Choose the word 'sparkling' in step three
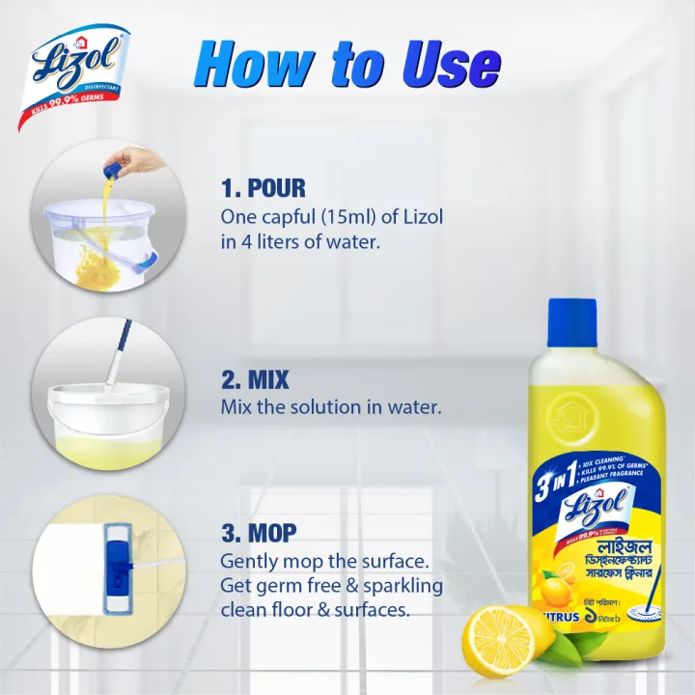tap(401, 586)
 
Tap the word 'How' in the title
tap(247, 66)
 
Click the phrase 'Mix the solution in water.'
tap(331, 407)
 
